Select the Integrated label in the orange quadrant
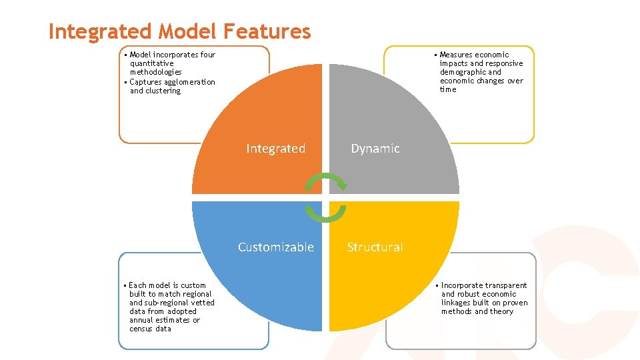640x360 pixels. pyautogui.click(x=275, y=149)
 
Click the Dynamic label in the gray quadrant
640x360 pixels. pyautogui.click(x=375, y=149)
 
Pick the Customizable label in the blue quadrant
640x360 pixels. pyautogui.click(x=276, y=247)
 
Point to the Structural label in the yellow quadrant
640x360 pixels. pyautogui.click(x=375, y=247)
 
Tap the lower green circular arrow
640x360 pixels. pyautogui.click(x=325, y=213)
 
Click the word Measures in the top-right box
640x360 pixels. pyautogui.click(x=457, y=55)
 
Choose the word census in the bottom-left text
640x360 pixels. pyautogui.click(x=141, y=329)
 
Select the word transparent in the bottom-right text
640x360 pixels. pyautogui.click(x=506, y=285)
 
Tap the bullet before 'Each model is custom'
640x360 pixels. pyautogui.click(x=125, y=285)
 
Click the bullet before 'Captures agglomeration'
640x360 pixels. pyautogui.click(x=125, y=82)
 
